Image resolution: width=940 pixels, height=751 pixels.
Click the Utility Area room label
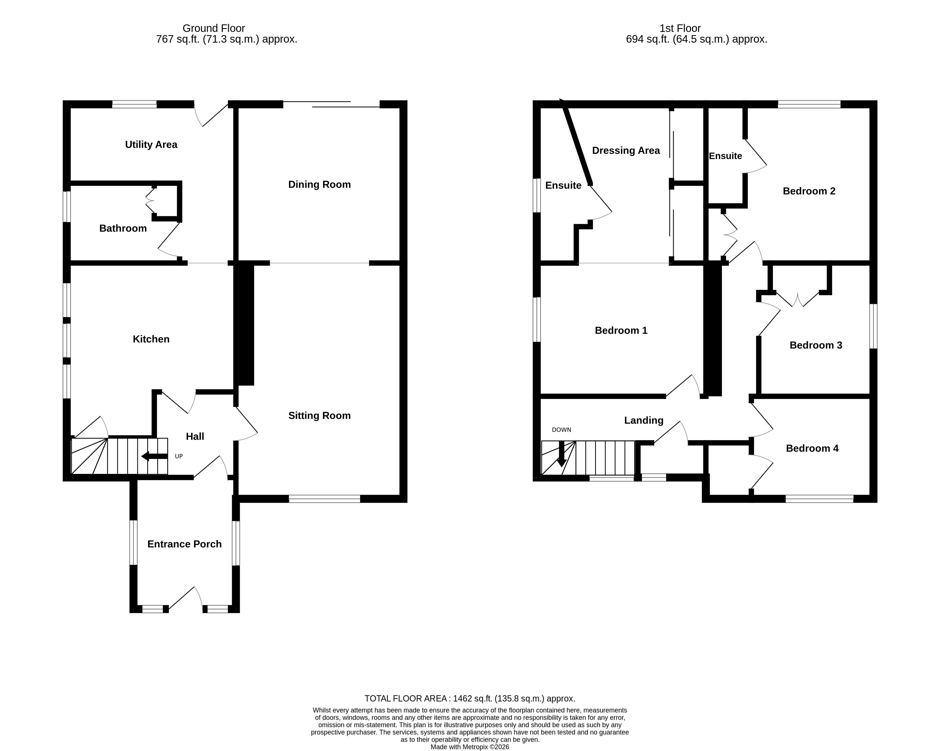coord(151,145)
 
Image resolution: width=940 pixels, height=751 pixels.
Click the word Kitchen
coord(151,339)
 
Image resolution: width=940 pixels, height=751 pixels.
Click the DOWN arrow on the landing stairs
coord(561,454)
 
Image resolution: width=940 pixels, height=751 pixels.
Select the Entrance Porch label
coord(184,544)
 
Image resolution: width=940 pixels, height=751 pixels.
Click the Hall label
coord(195,437)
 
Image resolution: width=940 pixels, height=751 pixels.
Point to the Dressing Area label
coord(626,150)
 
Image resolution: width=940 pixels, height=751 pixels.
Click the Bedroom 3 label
coord(816,345)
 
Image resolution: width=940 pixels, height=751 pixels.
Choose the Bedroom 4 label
coord(812,448)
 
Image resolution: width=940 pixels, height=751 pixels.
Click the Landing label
coord(643,420)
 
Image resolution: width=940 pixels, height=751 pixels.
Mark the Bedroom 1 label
coord(621,331)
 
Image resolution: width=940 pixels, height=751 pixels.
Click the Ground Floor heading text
coord(214,28)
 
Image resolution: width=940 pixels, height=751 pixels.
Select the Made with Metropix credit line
coord(469,747)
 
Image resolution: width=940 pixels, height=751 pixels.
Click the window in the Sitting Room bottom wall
coord(324,499)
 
